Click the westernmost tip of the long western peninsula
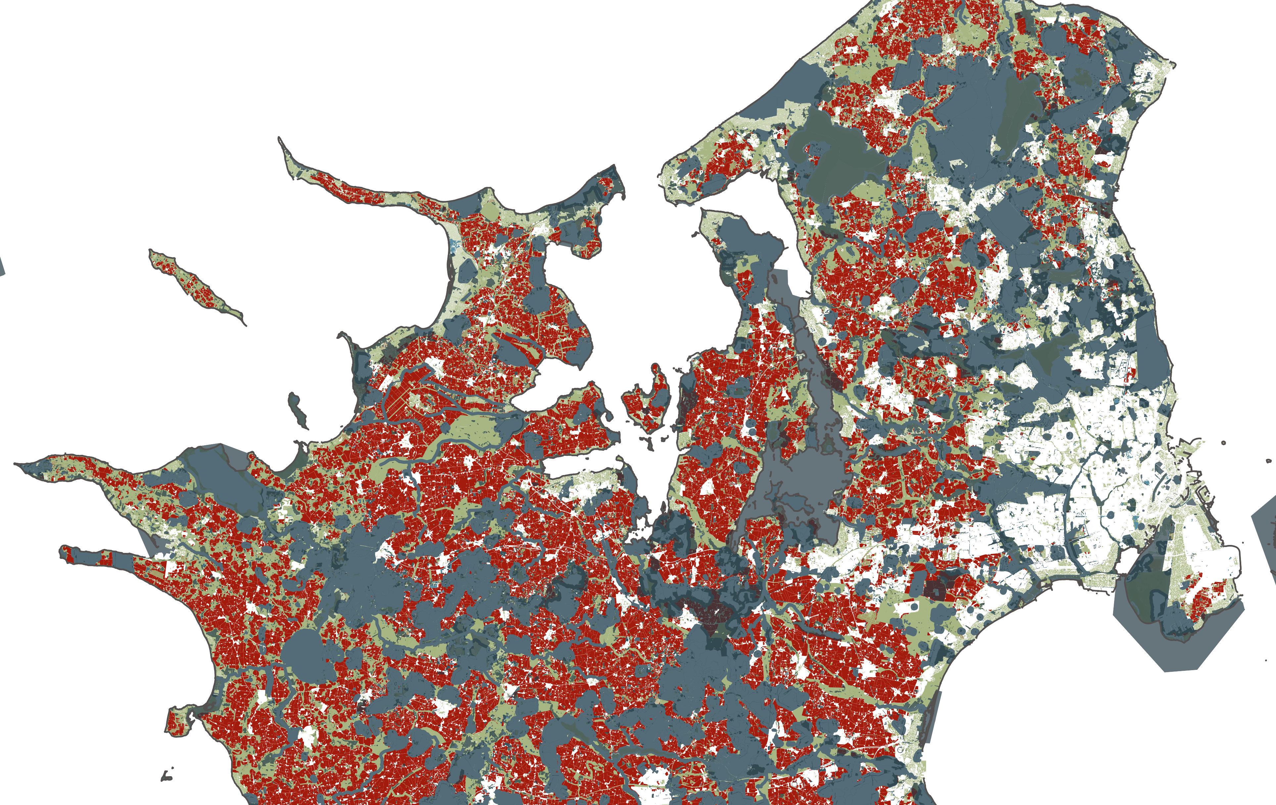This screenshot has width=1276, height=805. tap(16, 464)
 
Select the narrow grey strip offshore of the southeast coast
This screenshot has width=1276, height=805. tap(933, 716)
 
